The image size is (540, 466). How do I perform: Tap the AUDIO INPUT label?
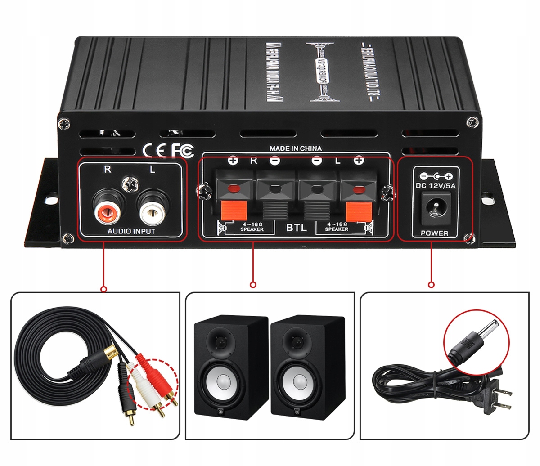131,231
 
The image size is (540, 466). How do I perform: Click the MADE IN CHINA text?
296,148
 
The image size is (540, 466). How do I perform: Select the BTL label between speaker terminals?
296,228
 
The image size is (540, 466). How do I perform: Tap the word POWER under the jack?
434,233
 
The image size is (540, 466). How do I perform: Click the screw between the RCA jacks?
130,184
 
